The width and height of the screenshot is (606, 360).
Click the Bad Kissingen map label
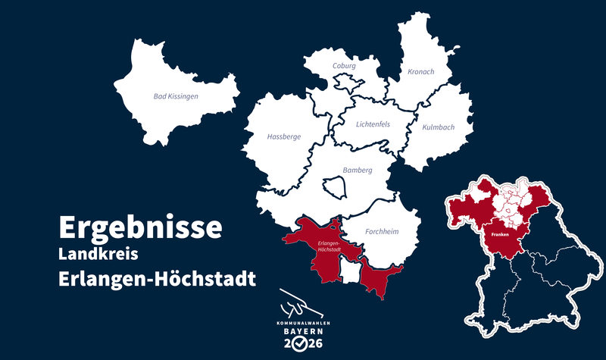(176, 97)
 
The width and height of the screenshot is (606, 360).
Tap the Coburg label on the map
(344, 66)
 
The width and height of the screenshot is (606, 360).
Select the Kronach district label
(420, 72)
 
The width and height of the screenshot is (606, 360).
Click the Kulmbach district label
(439, 127)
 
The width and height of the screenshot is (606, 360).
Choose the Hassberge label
(283, 137)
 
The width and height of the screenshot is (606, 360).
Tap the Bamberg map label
(358, 171)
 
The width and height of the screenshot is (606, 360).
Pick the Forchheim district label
(382, 231)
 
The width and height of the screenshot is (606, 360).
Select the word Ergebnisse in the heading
(140, 227)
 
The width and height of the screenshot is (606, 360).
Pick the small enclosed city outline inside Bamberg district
(334, 186)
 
